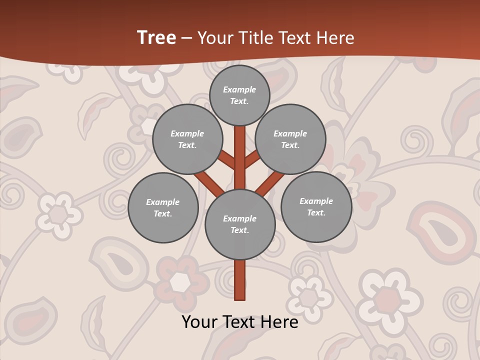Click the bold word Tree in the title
pyautogui.click(x=156, y=38)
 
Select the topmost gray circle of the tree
pyautogui.click(x=239, y=95)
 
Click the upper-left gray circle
pyautogui.click(x=187, y=139)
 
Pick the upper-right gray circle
pyautogui.click(x=290, y=139)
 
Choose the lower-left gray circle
pyautogui.click(x=163, y=208)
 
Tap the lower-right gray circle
pyautogui.click(x=316, y=207)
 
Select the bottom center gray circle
pyautogui.click(x=240, y=224)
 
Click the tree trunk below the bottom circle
pyautogui.click(x=240, y=280)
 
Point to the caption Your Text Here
pyautogui.click(x=240, y=322)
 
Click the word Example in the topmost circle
pyautogui.click(x=239, y=89)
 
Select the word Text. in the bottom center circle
pyautogui.click(x=239, y=230)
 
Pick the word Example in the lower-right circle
pyautogui.click(x=316, y=201)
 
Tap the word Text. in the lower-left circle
pyautogui.click(x=163, y=214)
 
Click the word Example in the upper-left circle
pyautogui.click(x=187, y=133)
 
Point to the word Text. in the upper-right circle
pyautogui.click(x=290, y=145)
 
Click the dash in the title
pyautogui.click(x=186, y=38)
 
